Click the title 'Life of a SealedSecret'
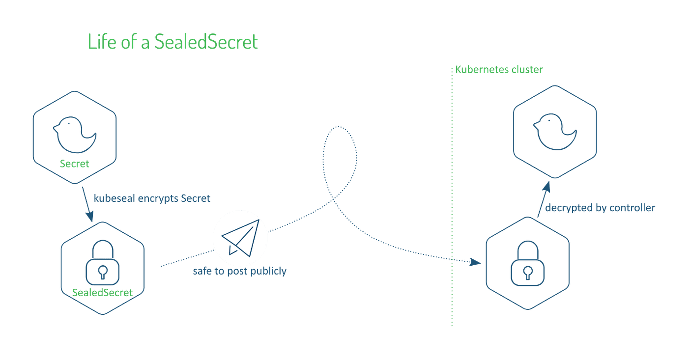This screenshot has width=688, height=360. [x=172, y=42]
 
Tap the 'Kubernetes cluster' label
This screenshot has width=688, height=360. [x=499, y=70]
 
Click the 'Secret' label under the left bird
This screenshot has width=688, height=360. [x=75, y=164]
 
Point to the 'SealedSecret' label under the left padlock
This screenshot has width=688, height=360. [x=103, y=292]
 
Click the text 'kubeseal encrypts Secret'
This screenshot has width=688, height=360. [x=152, y=198]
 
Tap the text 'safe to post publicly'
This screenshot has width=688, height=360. [x=239, y=271]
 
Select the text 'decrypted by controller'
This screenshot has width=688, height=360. [x=601, y=208]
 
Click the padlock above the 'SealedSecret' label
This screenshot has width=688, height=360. [x=103, y=264]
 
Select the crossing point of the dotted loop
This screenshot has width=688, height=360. [x=336, y=199]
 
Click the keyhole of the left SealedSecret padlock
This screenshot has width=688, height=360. [x=103, y=272]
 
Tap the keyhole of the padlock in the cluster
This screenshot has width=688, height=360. [x=527, y=272]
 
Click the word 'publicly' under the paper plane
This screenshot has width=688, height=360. [x=269, y=271]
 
